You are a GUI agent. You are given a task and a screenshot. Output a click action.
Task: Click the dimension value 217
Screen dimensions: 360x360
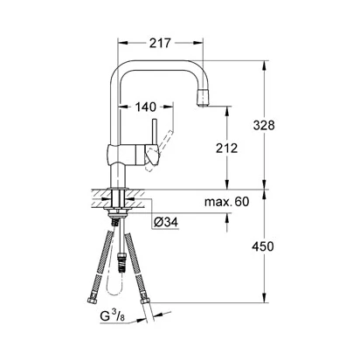pyautogui.click(x=160, y=43)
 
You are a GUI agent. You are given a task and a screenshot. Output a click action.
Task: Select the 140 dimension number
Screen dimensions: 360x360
pyautogui.click(x=145, y=107)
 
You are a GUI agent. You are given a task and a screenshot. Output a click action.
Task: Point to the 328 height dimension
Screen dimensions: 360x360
pyautogui.click(x=264, y=125)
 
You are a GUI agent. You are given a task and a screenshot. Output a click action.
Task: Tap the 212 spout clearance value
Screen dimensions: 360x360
pyautogui.click(x=226, y=149)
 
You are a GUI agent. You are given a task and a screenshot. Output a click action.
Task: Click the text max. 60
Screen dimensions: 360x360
pyautogui.click(x=227, y=202)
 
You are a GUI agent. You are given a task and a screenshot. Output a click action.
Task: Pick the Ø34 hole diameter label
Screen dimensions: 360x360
pyautogui.click(x=166, y=223)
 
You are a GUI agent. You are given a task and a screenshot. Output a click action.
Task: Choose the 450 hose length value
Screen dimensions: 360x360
pyautogui.click(x=263, y=246)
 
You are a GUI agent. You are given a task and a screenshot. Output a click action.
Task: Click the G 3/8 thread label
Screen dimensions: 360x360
pyautogui.click(x=112, y=315)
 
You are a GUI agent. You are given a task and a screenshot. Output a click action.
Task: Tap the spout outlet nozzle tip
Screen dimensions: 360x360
pyautogui.click(x=204, y=98)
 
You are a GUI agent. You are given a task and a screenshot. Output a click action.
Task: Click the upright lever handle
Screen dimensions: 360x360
pyautogui.click(x=155, y=132)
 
